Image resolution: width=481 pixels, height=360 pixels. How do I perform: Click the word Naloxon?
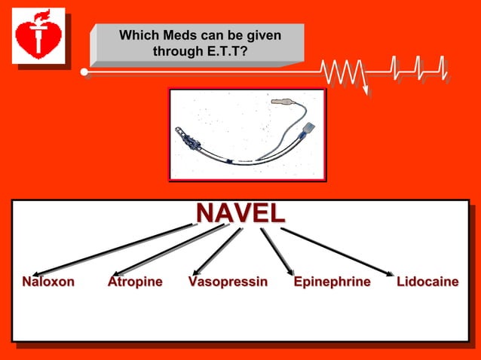tap(48, 282)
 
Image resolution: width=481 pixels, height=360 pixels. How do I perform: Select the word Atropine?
tap(135, 282)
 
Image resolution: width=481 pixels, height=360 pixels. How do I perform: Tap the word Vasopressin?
tap(228, 282)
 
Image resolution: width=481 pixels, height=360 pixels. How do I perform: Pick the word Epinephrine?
tap(332, 282)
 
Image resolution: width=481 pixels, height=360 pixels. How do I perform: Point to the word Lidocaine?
tap(427, 282)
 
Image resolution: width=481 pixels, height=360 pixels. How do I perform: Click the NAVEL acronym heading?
tap(240, 212)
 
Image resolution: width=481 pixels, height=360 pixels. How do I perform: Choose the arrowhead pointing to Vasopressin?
tap(196, 272)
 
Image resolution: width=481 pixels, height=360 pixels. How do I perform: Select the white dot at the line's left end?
tap(84, 72)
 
